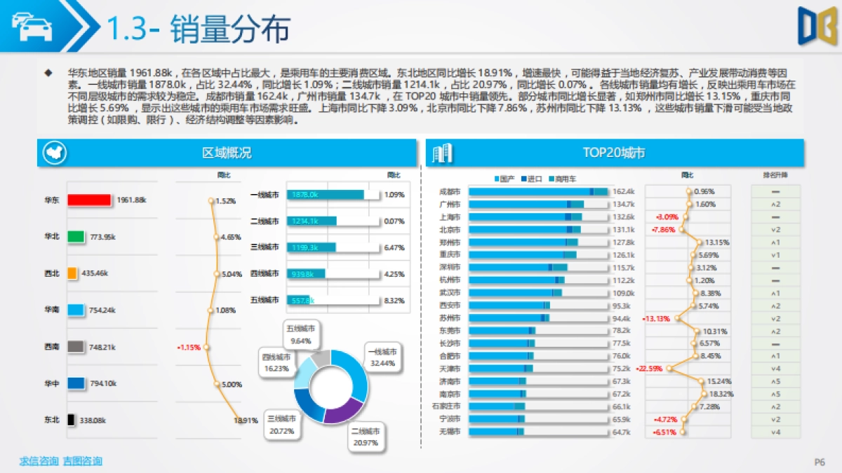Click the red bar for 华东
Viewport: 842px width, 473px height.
(89, 200)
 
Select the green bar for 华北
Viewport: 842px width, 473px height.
(76, 237)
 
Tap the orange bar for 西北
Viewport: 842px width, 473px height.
(72, 273)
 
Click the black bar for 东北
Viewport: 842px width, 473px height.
(71, 420)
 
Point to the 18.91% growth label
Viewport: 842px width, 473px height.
(246, 420)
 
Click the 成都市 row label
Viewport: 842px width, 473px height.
(449, 191)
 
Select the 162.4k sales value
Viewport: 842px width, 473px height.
(623, 191)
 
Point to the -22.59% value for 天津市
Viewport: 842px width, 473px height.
(649, 369)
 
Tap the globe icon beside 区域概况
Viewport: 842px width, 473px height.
(53, 153)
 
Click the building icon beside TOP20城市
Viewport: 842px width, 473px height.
(442, 153)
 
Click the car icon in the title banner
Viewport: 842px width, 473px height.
(31, 27)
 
